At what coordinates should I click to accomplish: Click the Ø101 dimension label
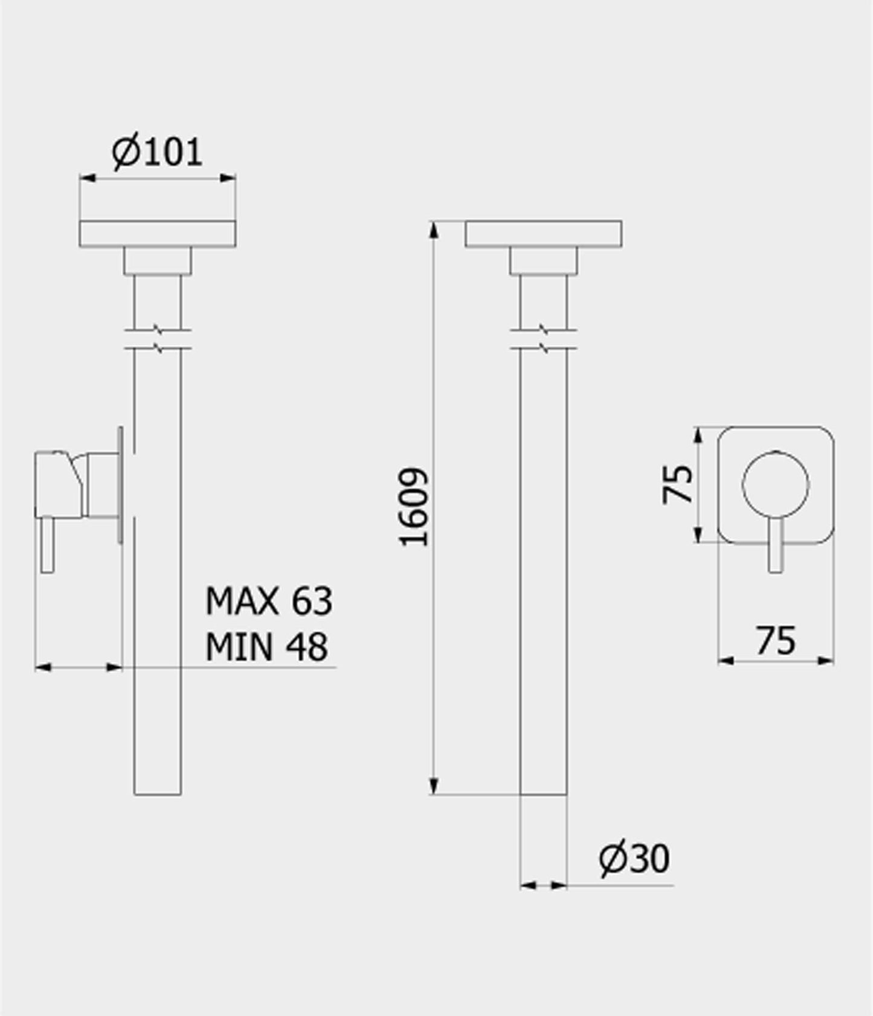(157, 152)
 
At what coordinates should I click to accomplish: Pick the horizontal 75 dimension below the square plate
(776, 640)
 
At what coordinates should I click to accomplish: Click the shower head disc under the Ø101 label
(157, 234)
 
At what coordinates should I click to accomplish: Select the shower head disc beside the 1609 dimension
(543, 234)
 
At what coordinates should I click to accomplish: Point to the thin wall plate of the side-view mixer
(121, 484)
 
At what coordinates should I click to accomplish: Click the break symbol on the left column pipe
(157, 339)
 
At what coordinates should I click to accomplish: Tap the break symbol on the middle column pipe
(543, 339)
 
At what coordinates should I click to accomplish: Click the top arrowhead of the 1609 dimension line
(433, 230)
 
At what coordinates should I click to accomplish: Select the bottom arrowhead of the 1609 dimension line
(433, 786)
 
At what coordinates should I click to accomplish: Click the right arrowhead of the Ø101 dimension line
(228, 178)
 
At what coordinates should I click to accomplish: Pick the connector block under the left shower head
(157, 260)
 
